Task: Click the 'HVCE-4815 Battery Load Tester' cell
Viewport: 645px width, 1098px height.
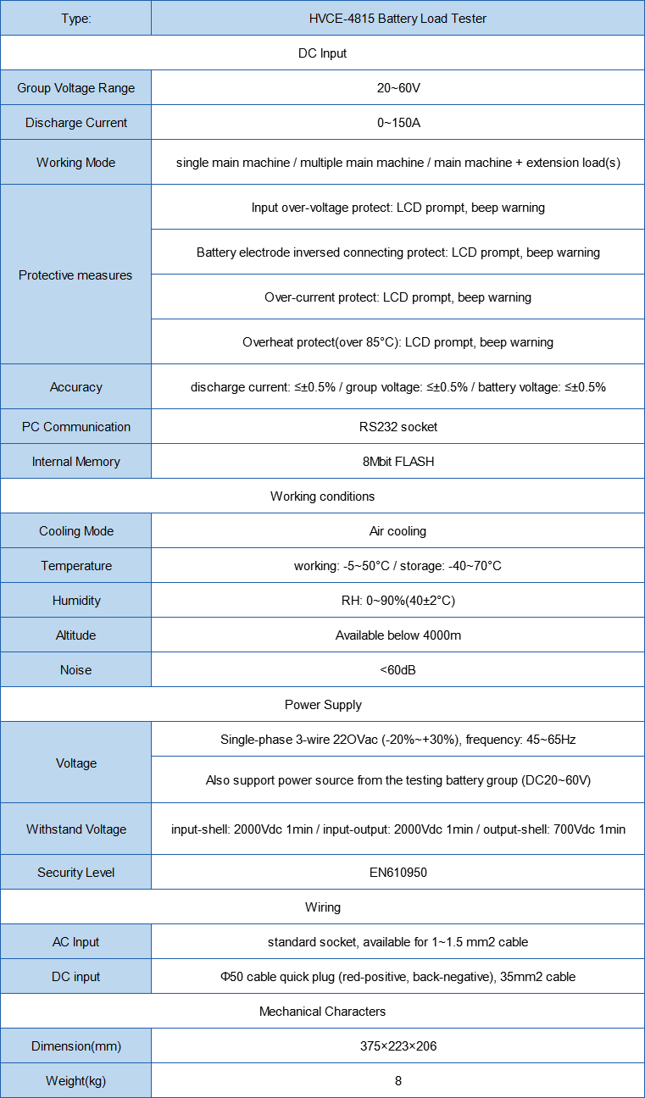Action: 398,18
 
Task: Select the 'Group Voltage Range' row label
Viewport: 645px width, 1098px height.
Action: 75,88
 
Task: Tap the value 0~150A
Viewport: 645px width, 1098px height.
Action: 398,123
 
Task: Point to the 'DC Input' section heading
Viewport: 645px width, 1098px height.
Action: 322,53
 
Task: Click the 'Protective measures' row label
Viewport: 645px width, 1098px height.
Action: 75,275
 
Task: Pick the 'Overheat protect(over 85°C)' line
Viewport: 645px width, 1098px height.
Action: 398,342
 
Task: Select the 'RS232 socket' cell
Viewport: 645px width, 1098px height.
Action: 398,427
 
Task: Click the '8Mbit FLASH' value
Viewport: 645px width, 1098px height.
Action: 398,462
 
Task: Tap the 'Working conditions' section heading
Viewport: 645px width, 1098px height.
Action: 322,496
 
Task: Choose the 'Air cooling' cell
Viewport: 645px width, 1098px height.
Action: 398,531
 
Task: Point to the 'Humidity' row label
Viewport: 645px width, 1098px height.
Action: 75,601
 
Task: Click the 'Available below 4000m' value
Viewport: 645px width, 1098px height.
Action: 398,635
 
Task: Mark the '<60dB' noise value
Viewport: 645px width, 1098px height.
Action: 398,670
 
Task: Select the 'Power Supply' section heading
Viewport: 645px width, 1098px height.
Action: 322,705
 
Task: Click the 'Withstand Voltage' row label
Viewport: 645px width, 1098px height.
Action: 75,829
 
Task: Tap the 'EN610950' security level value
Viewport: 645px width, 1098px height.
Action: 398,873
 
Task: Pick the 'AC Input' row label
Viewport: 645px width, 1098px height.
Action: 75,942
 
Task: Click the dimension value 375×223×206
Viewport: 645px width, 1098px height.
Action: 398,1046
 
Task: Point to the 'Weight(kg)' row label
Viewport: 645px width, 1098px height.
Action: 75,1081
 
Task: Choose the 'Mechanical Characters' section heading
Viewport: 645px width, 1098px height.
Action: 322,1012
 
